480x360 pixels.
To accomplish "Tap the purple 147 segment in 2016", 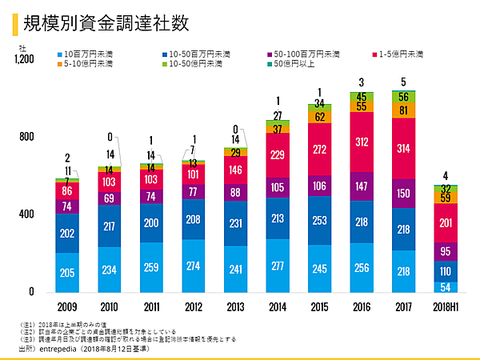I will click(362, 186).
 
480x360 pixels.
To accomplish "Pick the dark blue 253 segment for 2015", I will click(320, 220).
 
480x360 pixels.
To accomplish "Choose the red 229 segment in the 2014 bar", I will click(278, 155).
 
